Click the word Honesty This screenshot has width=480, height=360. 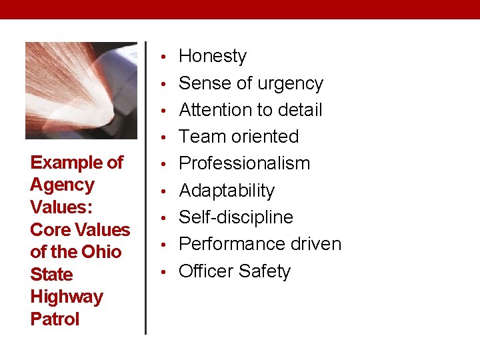pyautogui.click(x=213, y=57)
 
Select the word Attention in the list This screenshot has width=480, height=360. pyautogui.click(x=220, y=110)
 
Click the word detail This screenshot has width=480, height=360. pyautogui.click(x=299, y=110)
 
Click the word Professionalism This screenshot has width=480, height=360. pyautogui.click(x=245, y=163)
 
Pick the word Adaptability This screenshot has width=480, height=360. pyautogui.click(x=227, y=191)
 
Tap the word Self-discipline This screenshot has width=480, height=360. pyautogui.click(x=236, y=217)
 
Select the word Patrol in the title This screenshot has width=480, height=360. pyautogui.click(x=55, y=319)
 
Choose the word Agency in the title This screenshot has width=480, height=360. pyautogui.click(x=63, y=185)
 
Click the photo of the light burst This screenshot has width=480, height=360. pyautogui.click(x=81, y=91)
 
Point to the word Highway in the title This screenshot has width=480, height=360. pyautogui.click(x=67, y=297)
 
